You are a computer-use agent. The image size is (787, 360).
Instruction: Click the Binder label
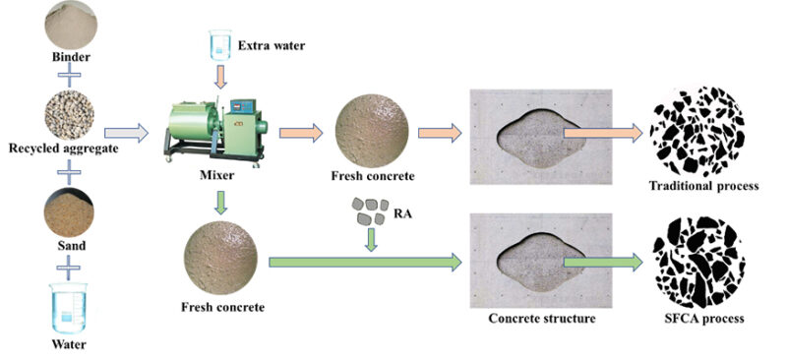[71, 57]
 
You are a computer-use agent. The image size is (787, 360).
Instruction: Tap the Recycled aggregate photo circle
[69, 115]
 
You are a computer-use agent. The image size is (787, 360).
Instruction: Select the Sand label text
[70, 247]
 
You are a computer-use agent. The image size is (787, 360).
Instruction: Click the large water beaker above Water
[69, 308]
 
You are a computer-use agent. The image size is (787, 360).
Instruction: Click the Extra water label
[272, 46]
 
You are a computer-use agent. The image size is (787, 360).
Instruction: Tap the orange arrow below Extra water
[219, 77]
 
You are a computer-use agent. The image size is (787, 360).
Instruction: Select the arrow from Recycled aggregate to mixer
[127, 133]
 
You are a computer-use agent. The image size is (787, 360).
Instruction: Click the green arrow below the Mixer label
[218, 203]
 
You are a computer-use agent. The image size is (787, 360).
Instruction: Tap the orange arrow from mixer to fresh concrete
[301, 133]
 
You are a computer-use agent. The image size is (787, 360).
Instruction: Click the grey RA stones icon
[370, 210]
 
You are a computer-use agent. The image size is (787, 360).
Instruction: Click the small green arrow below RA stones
[371, 239]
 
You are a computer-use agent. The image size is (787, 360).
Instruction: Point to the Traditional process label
[703, 186]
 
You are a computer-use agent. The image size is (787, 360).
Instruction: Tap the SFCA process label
[703, 319]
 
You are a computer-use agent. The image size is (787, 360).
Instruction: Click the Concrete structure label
[542, 319]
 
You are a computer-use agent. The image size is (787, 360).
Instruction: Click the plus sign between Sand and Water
[69, 268]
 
